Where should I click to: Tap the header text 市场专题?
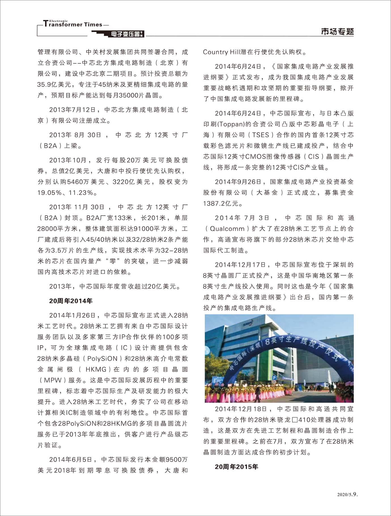[337, 31]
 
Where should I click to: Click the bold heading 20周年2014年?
[71, 301]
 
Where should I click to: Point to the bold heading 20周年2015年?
[236, 467]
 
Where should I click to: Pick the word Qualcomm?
[227, 229]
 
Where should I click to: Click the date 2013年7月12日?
[74, 110]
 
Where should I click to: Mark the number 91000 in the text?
[143, 229]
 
